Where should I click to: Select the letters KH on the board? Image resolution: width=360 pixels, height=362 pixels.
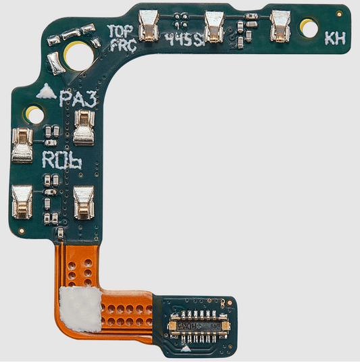(x=334, y=38)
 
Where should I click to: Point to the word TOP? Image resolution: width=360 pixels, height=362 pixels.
(x=122, y=30)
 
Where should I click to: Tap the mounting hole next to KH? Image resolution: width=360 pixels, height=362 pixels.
(x=309, y=28)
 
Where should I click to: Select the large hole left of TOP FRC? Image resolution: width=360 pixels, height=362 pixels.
(x=78, y=55)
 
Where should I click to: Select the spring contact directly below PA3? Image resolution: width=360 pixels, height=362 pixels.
(x=84, y=128)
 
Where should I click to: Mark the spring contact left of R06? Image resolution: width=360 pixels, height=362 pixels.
(x=22, y=146)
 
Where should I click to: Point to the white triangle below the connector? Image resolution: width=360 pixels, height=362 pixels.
(x=186, y=349)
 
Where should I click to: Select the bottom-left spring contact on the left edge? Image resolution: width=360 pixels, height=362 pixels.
(x=22, y=202)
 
